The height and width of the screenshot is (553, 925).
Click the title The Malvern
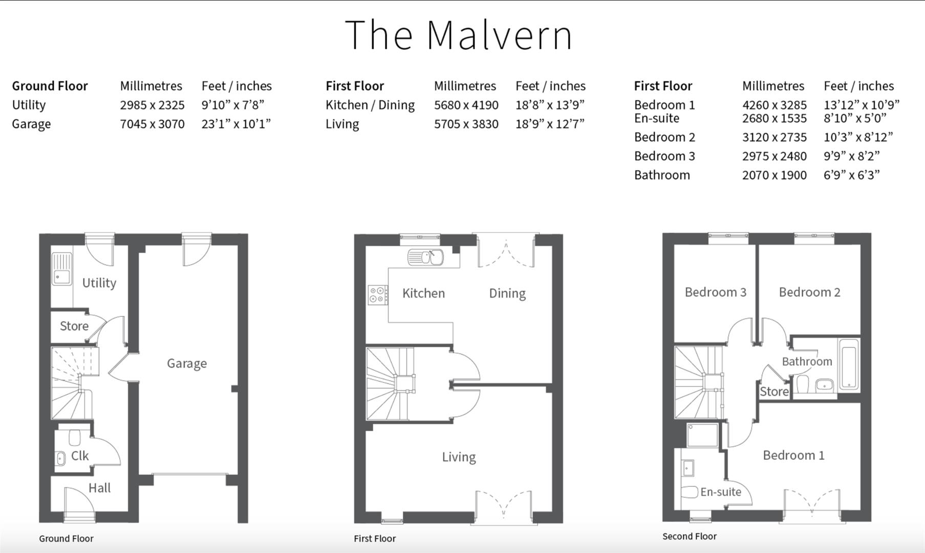pos(458,35)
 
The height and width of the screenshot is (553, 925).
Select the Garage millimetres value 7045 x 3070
pos(152,124)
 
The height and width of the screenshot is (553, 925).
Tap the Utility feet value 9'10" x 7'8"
pos(232,105)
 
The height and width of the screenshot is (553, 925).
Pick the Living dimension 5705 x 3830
pos(466,124)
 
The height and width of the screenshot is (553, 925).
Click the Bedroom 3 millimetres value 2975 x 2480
pos(774,156)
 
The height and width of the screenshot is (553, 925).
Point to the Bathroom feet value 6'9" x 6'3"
pos(851,175)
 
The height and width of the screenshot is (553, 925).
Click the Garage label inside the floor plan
pos(187,364)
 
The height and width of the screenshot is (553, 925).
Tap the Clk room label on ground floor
pos(80,456)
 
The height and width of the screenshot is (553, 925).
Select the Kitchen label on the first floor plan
pos(423,293)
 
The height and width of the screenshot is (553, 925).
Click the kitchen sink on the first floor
pos(425,257)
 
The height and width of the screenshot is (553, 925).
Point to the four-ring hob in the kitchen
pos(378,295)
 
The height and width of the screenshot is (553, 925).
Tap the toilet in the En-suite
pos(690,492)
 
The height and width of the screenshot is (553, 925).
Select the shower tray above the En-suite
pos(702,435)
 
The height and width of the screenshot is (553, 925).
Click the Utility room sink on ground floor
pos(61,269)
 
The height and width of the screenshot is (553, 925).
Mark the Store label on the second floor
pos(773,392)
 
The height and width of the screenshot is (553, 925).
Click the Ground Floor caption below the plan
pos(66,539)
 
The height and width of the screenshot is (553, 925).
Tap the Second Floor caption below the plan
pos(689,537)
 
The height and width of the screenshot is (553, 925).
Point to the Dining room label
pos(507,293)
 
